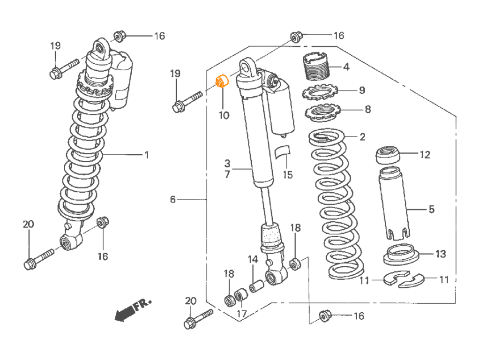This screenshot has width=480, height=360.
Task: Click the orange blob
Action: [221, 79]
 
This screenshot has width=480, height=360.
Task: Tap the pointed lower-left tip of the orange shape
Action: [217, 90]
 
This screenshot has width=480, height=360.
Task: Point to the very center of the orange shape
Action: [222, 80]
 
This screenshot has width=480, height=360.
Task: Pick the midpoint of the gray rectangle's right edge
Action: [456, 180]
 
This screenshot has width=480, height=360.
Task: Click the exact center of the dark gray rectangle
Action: [240, 180]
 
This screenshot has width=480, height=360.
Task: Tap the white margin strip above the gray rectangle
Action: [240, 14]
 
